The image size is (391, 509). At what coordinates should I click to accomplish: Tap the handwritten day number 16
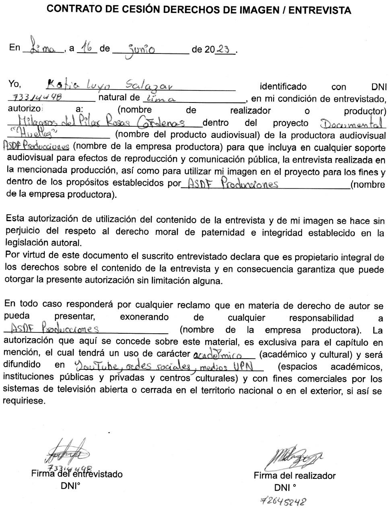(x=86, y=48)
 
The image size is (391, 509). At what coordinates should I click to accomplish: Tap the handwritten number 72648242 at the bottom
(x=284, y=501)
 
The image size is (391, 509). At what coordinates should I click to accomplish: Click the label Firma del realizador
(x=294, y=476)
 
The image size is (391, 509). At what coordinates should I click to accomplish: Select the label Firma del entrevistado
(x=77, y=474)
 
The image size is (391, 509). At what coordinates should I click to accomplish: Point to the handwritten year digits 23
(x=222, y=49)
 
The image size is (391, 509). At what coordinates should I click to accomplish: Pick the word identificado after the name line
(x=283, y=86)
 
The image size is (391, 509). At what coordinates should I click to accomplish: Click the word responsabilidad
(x=321, y=318)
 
